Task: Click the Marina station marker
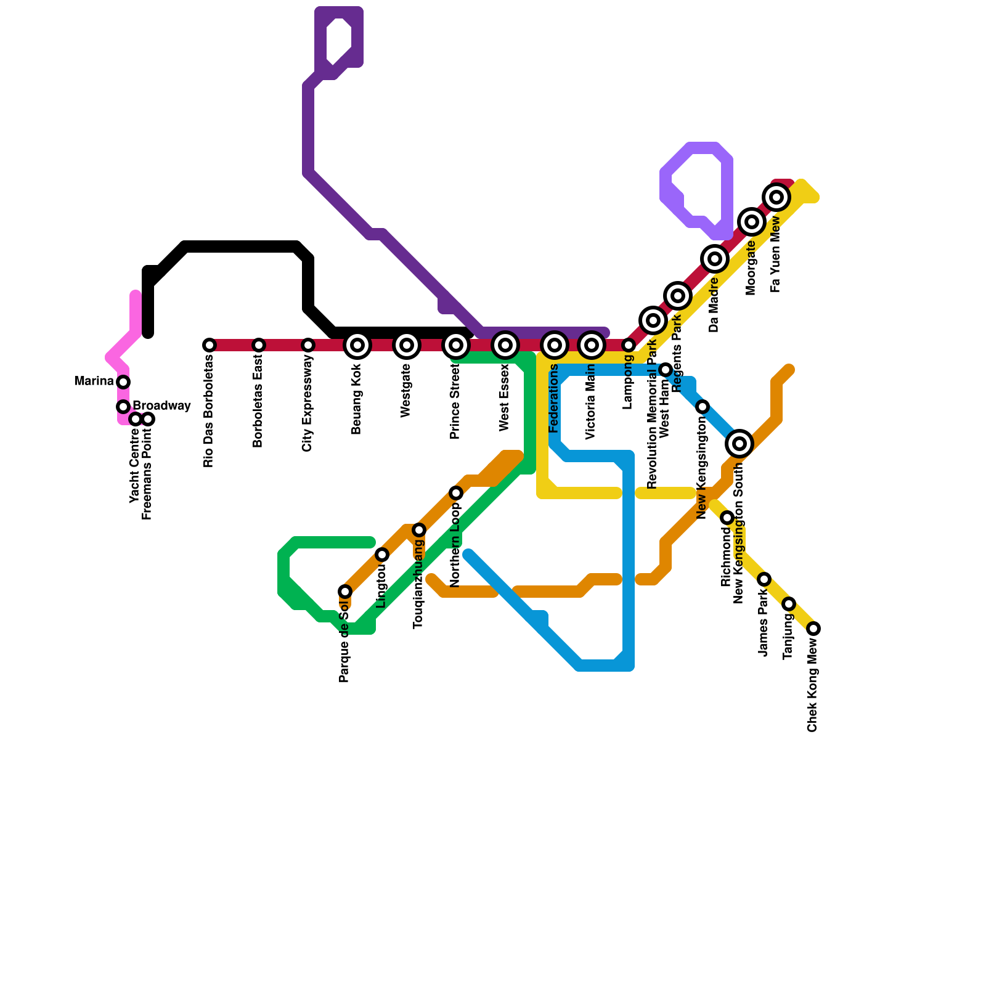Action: (x=123, y=382)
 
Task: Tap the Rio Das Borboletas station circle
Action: (x=210, y=345)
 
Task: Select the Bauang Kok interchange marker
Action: (x=357, y=345)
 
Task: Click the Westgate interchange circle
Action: (x=407, y=345)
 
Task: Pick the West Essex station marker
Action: (x=505, y=345)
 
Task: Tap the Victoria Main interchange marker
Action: (x=592, y=345)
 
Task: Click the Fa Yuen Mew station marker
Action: (x=777, y=197)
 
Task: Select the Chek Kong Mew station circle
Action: (x=813, y=629)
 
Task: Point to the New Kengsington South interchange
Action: (x=739, y=444)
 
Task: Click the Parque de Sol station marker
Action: (x=345, y=592)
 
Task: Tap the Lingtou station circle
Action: (x=382, y=555)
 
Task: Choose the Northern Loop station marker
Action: (x=456, y=493)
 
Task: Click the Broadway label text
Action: (x=161, y=406)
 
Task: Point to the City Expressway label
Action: (x=308, y=404)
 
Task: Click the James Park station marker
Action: (x=764, y=579)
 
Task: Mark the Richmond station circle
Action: (x=727, y=518)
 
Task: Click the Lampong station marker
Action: (x=629, y=345)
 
